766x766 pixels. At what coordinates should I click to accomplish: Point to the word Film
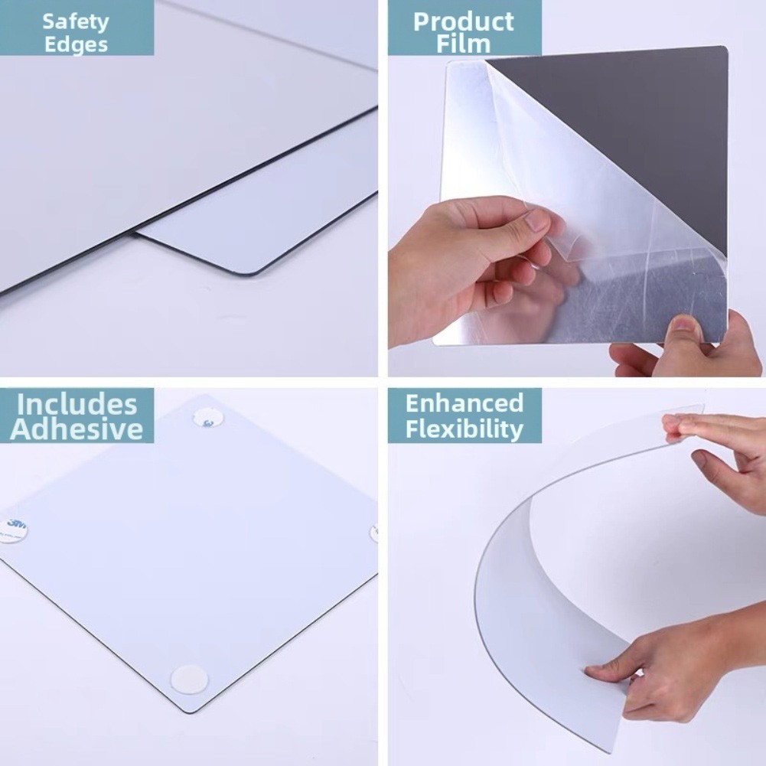click(x=463, y=44)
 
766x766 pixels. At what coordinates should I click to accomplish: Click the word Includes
click(x=77, y=404)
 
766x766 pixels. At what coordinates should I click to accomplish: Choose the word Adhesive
click(x=77, y=429)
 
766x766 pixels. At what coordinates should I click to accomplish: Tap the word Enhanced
click(x=464, y=403)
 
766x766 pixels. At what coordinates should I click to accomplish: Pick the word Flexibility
click(x=464, y=428)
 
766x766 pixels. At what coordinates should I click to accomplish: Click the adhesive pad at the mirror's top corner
click(x=207, y=417)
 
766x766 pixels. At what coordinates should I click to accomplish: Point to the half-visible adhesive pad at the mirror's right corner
click(x=374, y=533)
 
